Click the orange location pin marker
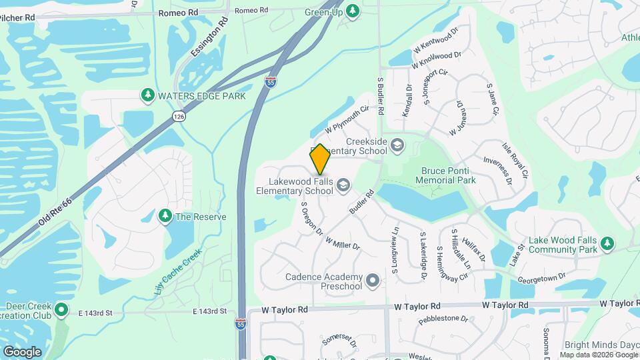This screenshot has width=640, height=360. pos(320,159)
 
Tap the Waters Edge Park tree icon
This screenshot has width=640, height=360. pos(148,96)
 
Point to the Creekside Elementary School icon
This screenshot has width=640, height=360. pos(397,145)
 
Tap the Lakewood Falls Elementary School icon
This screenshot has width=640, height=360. pos(343,185)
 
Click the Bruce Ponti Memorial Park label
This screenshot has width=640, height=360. pos(448,175)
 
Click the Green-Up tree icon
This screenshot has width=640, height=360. pos(353,11)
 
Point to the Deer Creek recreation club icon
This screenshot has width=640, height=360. pos(61,310)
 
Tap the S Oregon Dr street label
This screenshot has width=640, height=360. pos(312,219)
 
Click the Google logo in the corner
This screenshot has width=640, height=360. pos(22,351)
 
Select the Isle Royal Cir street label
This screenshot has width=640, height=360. pos(520,164)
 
